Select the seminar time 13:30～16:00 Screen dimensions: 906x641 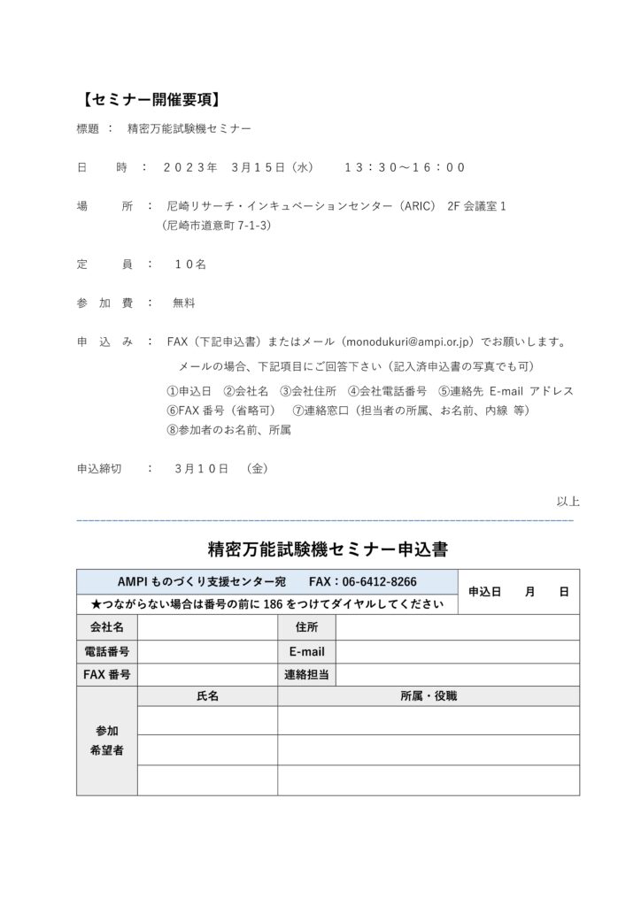404,167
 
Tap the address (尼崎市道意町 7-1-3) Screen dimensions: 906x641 217,226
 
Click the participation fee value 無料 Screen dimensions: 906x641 184,303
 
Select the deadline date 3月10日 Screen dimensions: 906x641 202,468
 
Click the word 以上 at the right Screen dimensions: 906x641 568,502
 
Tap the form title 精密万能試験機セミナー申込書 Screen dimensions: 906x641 328,549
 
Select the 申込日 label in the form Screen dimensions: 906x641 484,592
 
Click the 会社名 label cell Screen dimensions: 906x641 107,627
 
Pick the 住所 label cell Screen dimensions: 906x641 306,627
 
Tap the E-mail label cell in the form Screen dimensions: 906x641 306,652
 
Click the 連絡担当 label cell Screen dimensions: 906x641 306,675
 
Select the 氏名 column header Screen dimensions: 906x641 207,696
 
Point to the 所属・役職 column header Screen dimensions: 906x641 429,696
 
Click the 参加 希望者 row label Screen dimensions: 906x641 107,741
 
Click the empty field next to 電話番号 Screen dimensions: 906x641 207,652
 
